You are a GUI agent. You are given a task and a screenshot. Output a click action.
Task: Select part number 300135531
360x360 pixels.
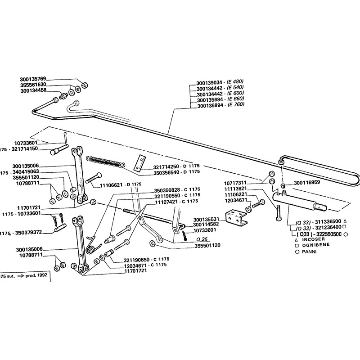click(x=206, y=219)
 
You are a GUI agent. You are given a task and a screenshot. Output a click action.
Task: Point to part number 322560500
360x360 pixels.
click(x=325, y=234)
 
